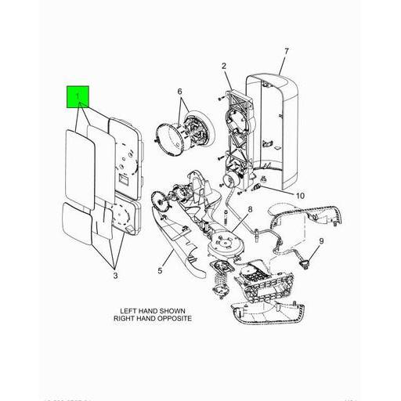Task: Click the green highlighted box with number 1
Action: coord(79,96)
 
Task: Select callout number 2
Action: coord(223,66)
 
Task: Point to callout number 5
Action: coord(159,271)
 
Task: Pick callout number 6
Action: coord(179,92)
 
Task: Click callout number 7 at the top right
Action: coord(286,52)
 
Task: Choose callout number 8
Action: coord(250,209)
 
